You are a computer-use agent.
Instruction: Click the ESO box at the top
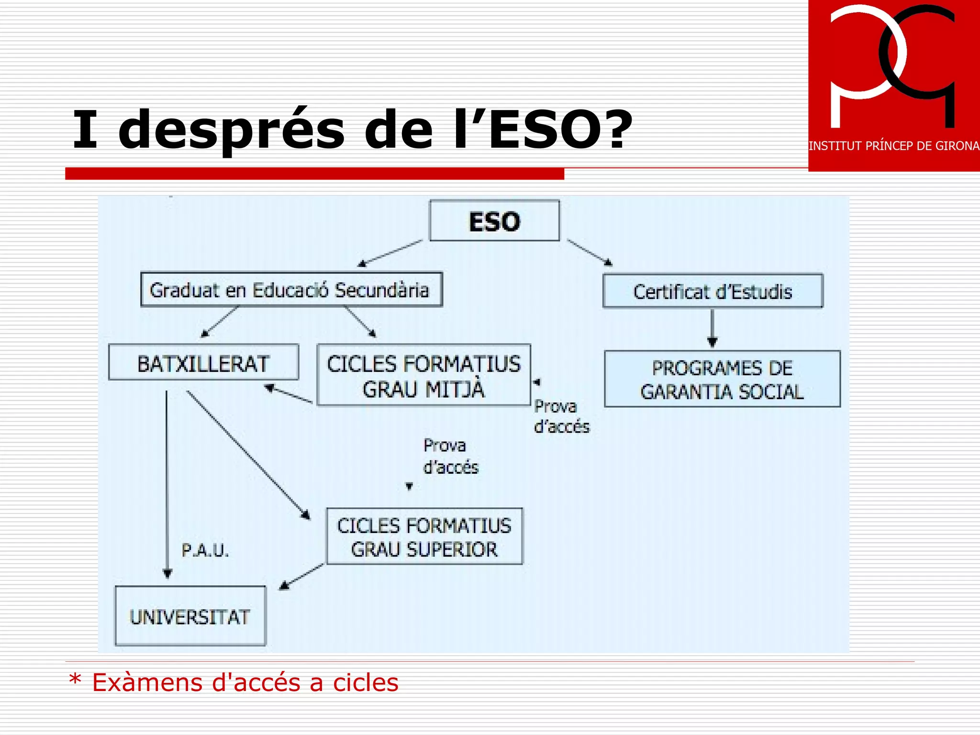pos(494,221)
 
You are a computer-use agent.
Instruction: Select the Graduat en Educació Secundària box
pos(291,290)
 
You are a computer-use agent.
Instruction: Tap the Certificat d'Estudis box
pos(713,291)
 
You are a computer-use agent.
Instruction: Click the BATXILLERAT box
pos(203,363)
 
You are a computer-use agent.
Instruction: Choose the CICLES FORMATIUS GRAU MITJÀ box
pos(423,375)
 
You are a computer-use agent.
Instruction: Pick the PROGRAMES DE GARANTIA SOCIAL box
pos(722,379)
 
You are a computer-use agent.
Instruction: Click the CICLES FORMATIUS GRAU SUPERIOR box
pos(424,536)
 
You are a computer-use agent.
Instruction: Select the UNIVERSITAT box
pos(190,616)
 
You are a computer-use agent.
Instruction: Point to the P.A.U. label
pos(205,550)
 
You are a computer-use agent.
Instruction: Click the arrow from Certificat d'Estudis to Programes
pos(712,328)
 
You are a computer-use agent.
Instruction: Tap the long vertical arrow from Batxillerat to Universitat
pos(167,483)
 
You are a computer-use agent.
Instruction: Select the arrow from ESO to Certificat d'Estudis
pos(589,252)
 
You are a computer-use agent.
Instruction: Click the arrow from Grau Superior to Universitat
pos(301,577)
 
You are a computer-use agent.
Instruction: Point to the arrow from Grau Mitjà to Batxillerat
pos(289,395)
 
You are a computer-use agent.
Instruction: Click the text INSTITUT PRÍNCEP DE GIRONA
pos(893,146)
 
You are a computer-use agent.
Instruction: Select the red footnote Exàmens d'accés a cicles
pos(245,682)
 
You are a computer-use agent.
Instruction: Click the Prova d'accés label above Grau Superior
pos(450,456)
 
